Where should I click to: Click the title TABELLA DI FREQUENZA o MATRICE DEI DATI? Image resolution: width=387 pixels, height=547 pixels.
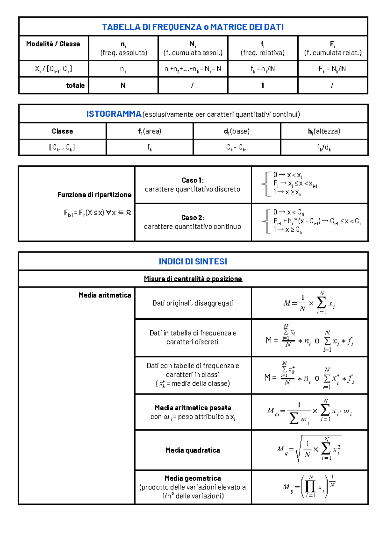point(193,27)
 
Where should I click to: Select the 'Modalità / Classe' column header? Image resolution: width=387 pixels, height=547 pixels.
point(53,44)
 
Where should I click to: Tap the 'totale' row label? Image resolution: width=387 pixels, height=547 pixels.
point(75,85)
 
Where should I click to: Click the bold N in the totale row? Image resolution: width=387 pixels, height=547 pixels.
point(123,85)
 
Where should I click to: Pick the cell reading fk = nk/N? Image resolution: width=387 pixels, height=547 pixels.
point(263,69)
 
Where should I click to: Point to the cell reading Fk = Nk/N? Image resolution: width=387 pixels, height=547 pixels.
point(332,69)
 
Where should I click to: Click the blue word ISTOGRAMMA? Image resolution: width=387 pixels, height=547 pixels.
point(114,114)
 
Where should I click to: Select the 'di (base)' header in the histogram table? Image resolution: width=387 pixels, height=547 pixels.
point(237,131)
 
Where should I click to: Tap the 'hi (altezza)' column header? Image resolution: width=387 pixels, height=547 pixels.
point(324,131)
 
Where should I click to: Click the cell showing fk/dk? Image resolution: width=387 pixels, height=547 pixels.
point(324,148)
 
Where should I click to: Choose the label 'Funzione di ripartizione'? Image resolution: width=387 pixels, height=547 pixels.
point(94,195)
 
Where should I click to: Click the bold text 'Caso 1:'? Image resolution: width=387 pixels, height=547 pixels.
point(193,180)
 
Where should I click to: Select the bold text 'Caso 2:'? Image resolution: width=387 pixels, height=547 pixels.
point(193,218)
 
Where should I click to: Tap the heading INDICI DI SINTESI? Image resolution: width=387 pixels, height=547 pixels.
point(193,261)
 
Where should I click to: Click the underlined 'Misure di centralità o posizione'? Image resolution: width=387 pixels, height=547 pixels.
point(193,279)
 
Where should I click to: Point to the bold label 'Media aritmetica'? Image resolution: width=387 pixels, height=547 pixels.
point(105,295)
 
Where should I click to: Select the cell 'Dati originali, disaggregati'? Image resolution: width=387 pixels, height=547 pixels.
point(193,303)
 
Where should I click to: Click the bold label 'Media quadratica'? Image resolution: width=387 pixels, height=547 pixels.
point(193,450)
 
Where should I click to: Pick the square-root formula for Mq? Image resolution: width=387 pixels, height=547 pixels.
point(309,449)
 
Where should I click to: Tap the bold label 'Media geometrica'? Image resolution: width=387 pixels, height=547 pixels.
point(193,478)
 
